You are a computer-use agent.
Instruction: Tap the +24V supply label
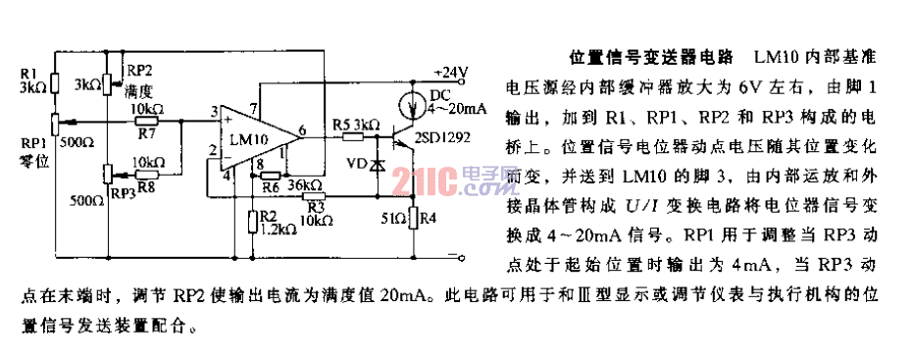[x=452, y=72]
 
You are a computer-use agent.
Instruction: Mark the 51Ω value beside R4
[x=394, y=219]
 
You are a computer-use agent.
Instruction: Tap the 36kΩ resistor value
[x=305, y=183]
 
